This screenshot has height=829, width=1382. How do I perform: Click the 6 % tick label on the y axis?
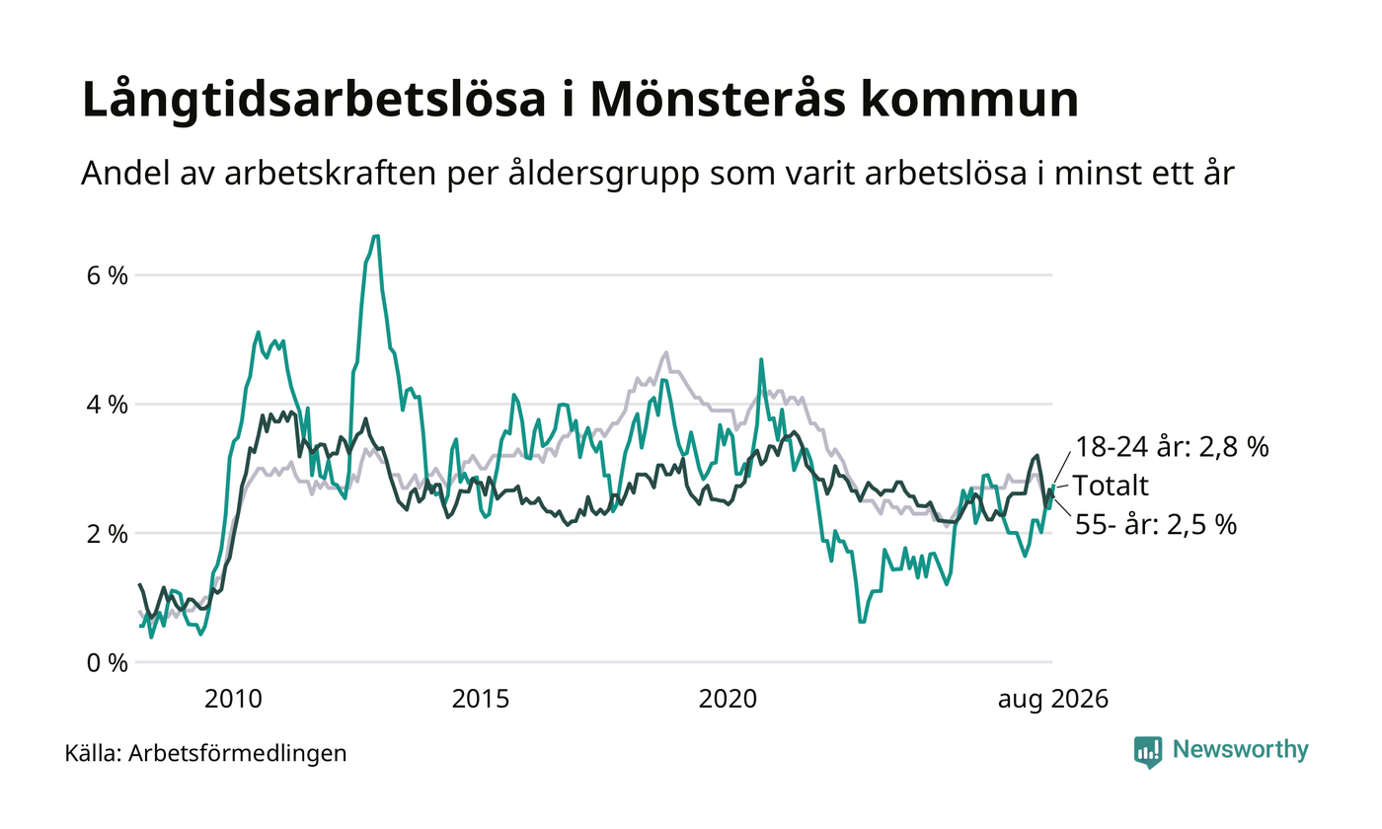pyautogui.click(x=108, y=275)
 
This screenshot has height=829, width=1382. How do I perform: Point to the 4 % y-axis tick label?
pyautogui.click(x=108, y=406)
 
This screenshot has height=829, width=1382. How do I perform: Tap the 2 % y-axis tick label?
pyautogui.click(x=108, y=534)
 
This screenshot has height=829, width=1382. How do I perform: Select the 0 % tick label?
pyautogui.click(x=108, y=663)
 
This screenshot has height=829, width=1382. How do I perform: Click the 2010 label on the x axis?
pyautogui.click(x=233, y=700)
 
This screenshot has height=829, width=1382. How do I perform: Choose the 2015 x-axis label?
pyautogui.click(x=481, y=700)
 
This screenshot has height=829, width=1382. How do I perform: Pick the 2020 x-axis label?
pyautogui.click(x=728, y=700)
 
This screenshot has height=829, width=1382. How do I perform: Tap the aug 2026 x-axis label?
pyautogui.click(x=1053, y=700)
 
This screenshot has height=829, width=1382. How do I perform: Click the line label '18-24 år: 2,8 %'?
pyautogui.click(x=1173, y=447)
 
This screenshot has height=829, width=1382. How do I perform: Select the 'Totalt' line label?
pyautogui.click(x=1112, y=486)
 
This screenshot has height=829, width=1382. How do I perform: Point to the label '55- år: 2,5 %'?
pyautogui.click(x=1156, y=525)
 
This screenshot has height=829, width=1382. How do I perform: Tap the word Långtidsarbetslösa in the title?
pyautogui.click(x=314, y=101)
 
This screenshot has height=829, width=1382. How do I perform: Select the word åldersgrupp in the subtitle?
pyautogui.click(x=604, y=174)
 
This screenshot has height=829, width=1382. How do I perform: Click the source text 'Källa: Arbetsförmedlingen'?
pyautogui.click(x=205, y=754)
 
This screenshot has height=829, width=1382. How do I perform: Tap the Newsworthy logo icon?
pyautogui.click(x=1148, y=752)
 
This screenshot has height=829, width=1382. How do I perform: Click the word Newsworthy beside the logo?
pyautogui.click(x=1241, y=749)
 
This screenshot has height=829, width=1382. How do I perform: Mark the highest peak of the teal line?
pyautogui.click(x=376, y=236)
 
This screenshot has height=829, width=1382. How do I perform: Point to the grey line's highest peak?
pyautogui.click(x=666, y=352)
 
